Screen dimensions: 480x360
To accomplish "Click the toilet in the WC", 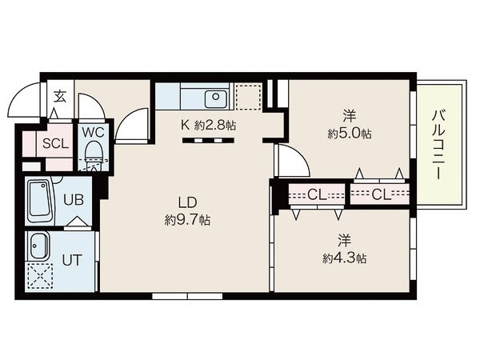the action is [x=94, y=156].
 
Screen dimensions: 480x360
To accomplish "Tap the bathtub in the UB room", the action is [x=40, y=202].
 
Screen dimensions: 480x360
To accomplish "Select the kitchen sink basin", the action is [x=216, y=98].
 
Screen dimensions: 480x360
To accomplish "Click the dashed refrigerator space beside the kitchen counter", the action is [x=248, y=97].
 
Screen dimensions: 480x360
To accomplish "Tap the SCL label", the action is [x=55, y=143].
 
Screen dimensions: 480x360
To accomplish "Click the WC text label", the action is [x=94, y=133].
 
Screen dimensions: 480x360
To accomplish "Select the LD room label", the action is [x=187, y=202].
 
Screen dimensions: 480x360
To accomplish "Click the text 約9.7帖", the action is [x=187, y=220].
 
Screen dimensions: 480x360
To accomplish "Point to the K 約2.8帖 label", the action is [x=209, y=125].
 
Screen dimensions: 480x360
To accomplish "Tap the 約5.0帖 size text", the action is [x=350, y=134].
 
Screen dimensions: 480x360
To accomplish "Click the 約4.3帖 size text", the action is [x=345, y=259].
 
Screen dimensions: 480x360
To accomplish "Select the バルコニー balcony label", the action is [x=438, y=144].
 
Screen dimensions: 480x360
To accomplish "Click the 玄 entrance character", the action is [x=60, y=96].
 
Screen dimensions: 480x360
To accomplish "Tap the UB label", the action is [x=73, y=200].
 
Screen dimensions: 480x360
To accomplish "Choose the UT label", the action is [x=72, y=260].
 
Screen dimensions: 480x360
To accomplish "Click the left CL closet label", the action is [x=317, y=194].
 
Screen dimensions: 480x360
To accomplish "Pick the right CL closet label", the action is [x=382, y=194].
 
